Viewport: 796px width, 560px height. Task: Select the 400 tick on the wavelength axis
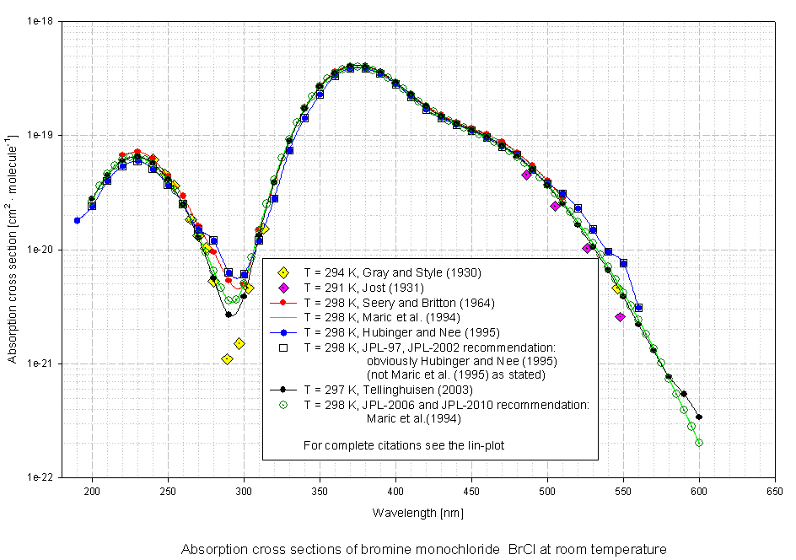(395, 490)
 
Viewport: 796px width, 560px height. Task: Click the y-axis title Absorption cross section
(13, 250)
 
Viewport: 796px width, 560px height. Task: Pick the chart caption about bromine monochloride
(423, 549)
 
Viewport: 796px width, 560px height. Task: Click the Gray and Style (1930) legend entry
(392, 272)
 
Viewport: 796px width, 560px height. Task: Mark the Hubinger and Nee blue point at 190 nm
(77, 220)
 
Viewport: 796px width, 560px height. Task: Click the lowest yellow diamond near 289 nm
(227, 359)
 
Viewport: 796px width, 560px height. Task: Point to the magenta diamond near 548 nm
(620, 317)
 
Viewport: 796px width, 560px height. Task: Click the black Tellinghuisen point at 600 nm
(699, 417)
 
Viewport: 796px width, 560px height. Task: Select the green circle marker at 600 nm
(699, 443)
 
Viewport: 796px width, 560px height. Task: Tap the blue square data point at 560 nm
(638, 308)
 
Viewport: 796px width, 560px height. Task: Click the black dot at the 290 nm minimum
(229, 315)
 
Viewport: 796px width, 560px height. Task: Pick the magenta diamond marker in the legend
(283, 288)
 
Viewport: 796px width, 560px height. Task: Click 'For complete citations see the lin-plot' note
(403, 444)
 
